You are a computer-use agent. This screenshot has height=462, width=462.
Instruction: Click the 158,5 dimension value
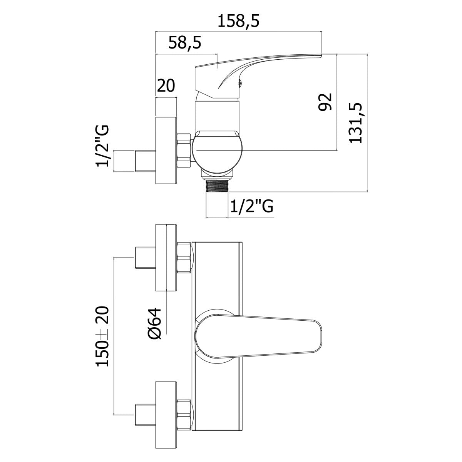pos(239,22)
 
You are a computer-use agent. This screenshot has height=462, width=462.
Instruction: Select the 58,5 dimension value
pos(185,43)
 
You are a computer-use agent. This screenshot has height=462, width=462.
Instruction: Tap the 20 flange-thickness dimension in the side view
pos(166,85)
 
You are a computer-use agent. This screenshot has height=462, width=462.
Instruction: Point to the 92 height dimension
pos(325,102)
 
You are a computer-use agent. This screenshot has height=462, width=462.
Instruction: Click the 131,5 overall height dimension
pos(355,123)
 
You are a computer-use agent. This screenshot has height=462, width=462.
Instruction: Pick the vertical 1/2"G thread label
pos(102,146)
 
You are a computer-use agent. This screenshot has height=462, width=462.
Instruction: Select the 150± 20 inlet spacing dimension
pos(102,336)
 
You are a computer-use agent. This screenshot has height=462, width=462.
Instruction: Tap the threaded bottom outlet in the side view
pos(217,186)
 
